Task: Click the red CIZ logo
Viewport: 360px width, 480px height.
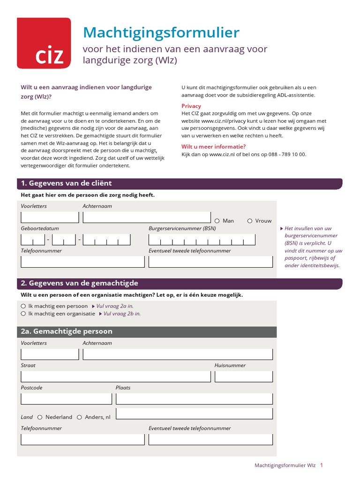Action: (44, 43)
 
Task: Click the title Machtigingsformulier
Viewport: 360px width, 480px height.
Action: (161, 32)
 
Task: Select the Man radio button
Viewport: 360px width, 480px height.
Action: (217, 221)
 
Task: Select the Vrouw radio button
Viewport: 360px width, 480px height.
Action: (250, 221)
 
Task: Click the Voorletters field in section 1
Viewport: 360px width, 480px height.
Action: (50, 217)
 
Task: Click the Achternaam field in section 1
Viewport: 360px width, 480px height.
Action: (147, 217)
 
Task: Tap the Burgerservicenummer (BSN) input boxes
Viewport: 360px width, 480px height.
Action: (202, 240)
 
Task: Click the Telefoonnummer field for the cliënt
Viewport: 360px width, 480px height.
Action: (82, 262)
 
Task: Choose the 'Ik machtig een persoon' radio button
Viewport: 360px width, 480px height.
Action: (23, 306)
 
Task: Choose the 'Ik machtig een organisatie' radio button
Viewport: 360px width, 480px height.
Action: (23, 314)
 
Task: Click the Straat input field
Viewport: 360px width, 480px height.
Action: (115, 376)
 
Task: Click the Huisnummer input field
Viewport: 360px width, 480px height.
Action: (244, 376)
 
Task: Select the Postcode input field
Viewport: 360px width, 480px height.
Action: (66, 398)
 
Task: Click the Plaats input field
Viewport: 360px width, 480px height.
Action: (194, 398)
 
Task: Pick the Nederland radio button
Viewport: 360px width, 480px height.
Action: (40, 417)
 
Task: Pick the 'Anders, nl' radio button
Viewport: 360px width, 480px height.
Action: (80, 417)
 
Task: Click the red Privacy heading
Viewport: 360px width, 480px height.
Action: (191, 106)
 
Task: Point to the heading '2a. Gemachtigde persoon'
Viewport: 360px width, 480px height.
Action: (67, 331)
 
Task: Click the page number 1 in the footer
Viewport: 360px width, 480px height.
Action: (322, 465)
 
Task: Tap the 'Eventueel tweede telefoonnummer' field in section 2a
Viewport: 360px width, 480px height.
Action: (210, 439)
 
